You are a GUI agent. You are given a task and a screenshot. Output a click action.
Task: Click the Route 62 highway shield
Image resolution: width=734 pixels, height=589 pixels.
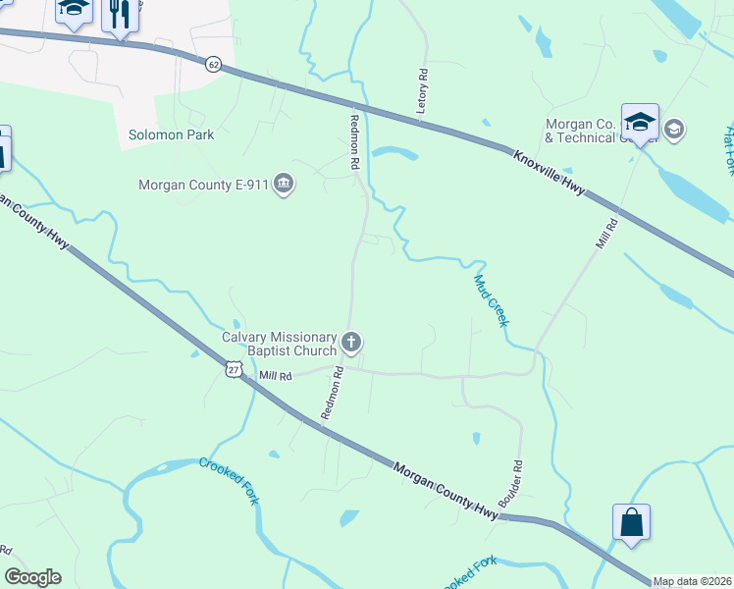(x=214, y=64)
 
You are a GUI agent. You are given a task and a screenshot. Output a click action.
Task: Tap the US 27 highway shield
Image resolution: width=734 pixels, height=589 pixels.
(x=233, y=367)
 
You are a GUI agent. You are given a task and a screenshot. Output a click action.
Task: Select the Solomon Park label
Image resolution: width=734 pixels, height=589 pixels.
(x=172, y=134)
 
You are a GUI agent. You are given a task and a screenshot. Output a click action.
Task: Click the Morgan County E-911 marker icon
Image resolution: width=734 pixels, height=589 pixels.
(x=284, y=184)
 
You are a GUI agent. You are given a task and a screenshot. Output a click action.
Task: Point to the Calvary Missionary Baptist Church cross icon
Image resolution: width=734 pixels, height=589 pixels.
(x=351, y=344)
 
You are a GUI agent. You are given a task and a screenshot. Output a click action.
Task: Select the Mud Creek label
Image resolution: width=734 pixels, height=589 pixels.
(x=493, y=300)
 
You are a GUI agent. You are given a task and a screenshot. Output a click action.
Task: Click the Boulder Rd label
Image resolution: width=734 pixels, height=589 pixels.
(x=511, y=483)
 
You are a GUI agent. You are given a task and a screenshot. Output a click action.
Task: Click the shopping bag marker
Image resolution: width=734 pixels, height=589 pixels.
(x=631, y=523)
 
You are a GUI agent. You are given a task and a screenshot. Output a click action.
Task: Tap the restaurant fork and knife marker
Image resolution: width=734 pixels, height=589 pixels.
(x=120, y=15)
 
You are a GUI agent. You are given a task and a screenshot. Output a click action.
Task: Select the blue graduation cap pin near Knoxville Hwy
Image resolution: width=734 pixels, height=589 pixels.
(x=640, y=124)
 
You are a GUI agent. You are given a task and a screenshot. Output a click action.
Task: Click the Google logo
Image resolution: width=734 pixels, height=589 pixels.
(x=32, y=577)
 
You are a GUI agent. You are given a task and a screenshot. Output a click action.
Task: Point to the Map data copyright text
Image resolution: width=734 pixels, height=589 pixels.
(x=693, y=581)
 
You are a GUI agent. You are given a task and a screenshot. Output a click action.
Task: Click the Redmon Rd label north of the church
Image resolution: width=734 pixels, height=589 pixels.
(x=354, y=142)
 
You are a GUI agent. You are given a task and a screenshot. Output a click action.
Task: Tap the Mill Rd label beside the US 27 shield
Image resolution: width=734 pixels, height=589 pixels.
(x=276, y=376)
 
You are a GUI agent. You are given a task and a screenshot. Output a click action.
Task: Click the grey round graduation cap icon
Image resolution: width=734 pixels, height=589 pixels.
(x=674, y=129)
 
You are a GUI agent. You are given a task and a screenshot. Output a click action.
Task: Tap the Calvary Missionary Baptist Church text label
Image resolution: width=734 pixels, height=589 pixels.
(x=279, y=344)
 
